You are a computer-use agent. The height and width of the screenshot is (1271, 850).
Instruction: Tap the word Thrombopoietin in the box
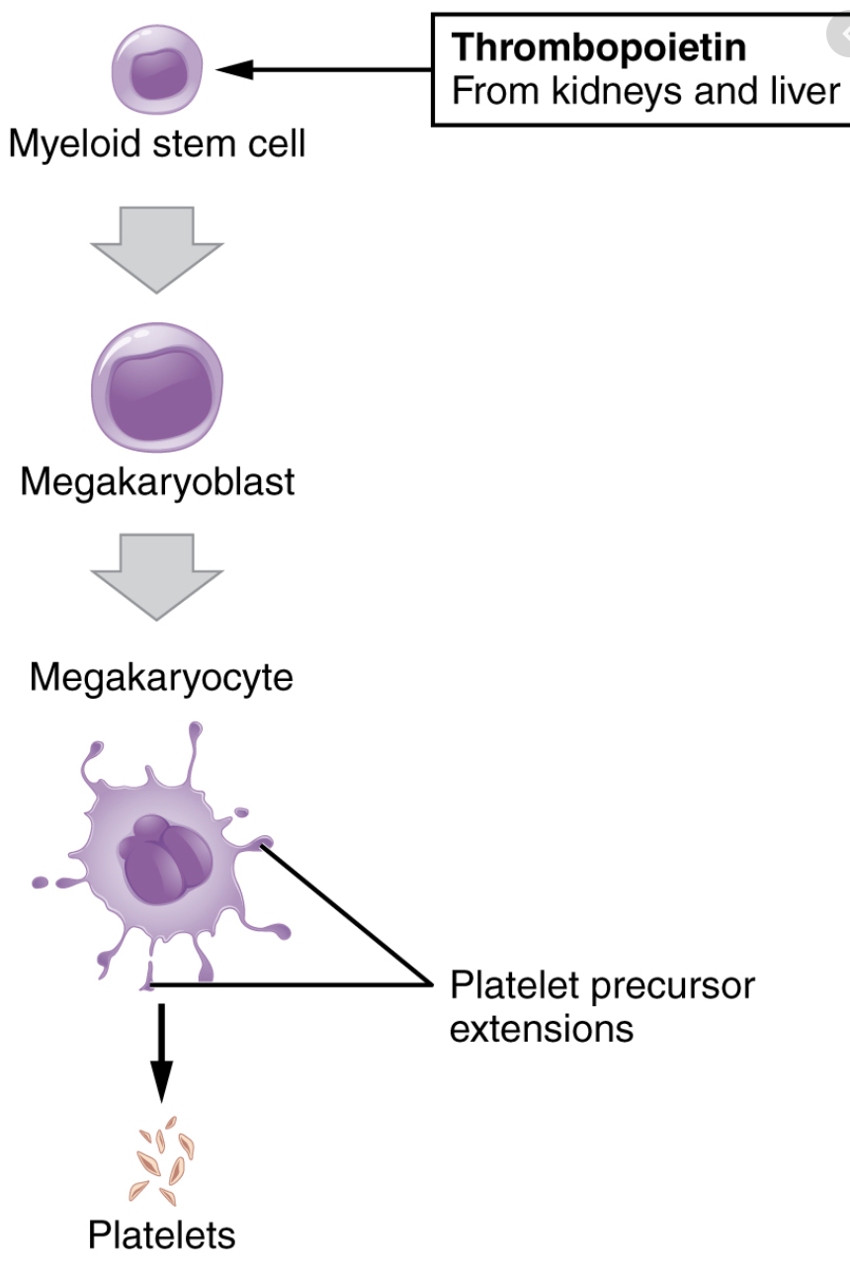pyautogui.click(x=598, y=46)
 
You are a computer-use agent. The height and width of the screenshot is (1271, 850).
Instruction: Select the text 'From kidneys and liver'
pyautogui.click(x=645, y=91)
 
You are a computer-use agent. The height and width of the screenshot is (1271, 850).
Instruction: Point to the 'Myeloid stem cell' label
pyautogui.click(x=157, y=144)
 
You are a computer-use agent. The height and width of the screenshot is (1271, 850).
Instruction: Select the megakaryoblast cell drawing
pyautogui.click(x=157, y=388)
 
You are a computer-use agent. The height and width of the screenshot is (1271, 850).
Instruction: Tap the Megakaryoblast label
pyautogui.click(x=157, y=482)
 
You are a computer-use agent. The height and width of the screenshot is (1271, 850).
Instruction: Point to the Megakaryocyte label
pyautogui.click(x=161, y=678)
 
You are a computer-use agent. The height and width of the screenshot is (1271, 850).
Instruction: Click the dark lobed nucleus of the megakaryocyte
pyautogui.click(x=162, y=859)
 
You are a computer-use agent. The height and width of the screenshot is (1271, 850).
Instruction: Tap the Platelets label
pyautogui.click(x=162, y=1235)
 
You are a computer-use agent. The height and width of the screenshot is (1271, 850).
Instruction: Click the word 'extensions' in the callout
pyautogui.click(x=542, y=1029)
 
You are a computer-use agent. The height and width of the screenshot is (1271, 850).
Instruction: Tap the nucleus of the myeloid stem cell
pyautogui.click(x=154, y=73)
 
